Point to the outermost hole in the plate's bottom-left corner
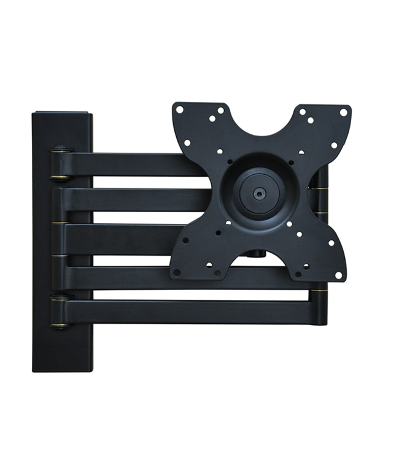pyautogui.click(x=177, y=272)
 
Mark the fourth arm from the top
pyautogui.click(x=123, y=274)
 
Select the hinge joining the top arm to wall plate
pyautogui.click(x=60, y=163)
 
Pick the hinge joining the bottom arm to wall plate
pyautogui.click(x=60, y=312)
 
